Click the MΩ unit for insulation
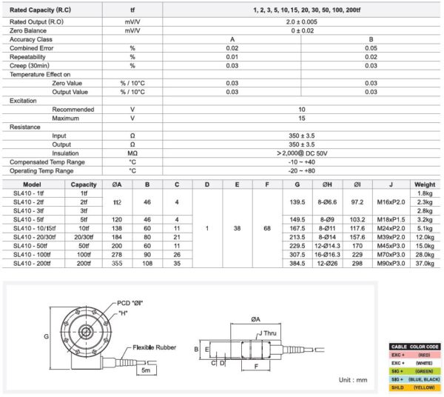132,153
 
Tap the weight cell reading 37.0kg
425,263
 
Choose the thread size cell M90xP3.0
389,263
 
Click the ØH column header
329,184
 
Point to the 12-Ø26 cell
329,263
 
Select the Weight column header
425,184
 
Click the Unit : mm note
351,380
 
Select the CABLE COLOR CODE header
414,347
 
